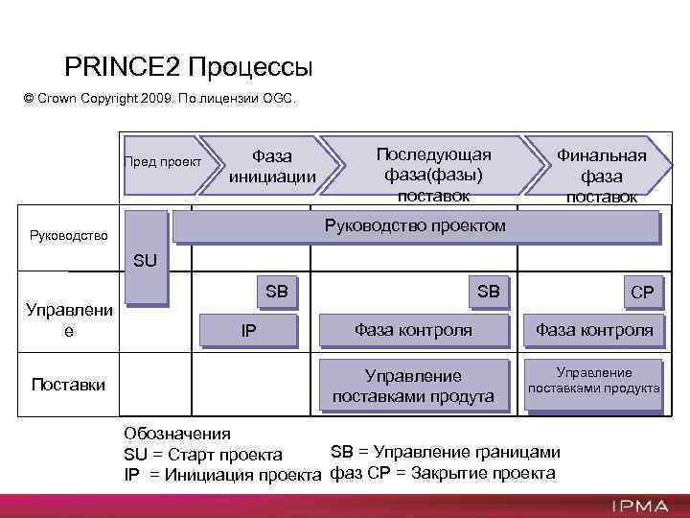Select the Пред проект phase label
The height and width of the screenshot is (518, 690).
coord(163,161)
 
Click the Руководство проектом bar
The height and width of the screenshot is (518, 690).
coord(414,225)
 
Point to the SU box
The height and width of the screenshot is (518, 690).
coord(147,259)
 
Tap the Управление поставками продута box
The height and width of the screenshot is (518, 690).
coord(412,386)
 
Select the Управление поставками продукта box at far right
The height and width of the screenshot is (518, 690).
coord(594,381)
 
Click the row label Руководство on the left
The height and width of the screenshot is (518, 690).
coord(69,234)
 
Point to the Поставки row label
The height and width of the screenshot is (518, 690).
coord(69,385)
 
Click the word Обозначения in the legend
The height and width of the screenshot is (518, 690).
coord(177,434)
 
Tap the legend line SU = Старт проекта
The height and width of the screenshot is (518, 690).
coord(203,454)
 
